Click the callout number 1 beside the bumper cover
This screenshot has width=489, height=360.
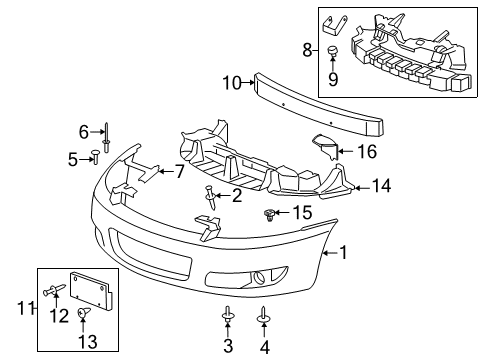click(x=343, y=254)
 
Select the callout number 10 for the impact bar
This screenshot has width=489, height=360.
click(x=230, y=83)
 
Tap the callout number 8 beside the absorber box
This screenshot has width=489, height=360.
click(x=308, y=47)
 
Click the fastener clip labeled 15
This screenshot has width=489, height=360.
click(x=269, y=213)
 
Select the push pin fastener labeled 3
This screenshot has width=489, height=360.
click(x=228, y=316)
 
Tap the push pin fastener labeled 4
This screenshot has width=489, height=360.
click(x=263, y=316)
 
